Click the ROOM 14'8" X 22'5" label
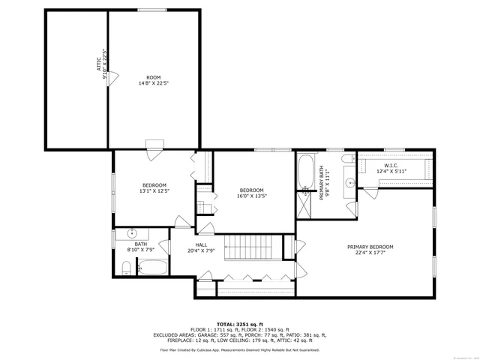(154, 81)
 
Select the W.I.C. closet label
(391, 169)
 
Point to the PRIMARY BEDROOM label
(370, 249)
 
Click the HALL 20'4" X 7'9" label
(201, 247)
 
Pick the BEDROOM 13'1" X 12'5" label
(154, 188)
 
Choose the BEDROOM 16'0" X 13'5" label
(251, 193)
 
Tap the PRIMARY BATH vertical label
(322, 183)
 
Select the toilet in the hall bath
(127, 267)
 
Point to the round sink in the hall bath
(132, 233)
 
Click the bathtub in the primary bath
(307, 172)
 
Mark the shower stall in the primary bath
(305, 204)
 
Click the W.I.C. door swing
(368, 193)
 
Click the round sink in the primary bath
(350, 181)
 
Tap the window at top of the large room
(147, 10)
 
